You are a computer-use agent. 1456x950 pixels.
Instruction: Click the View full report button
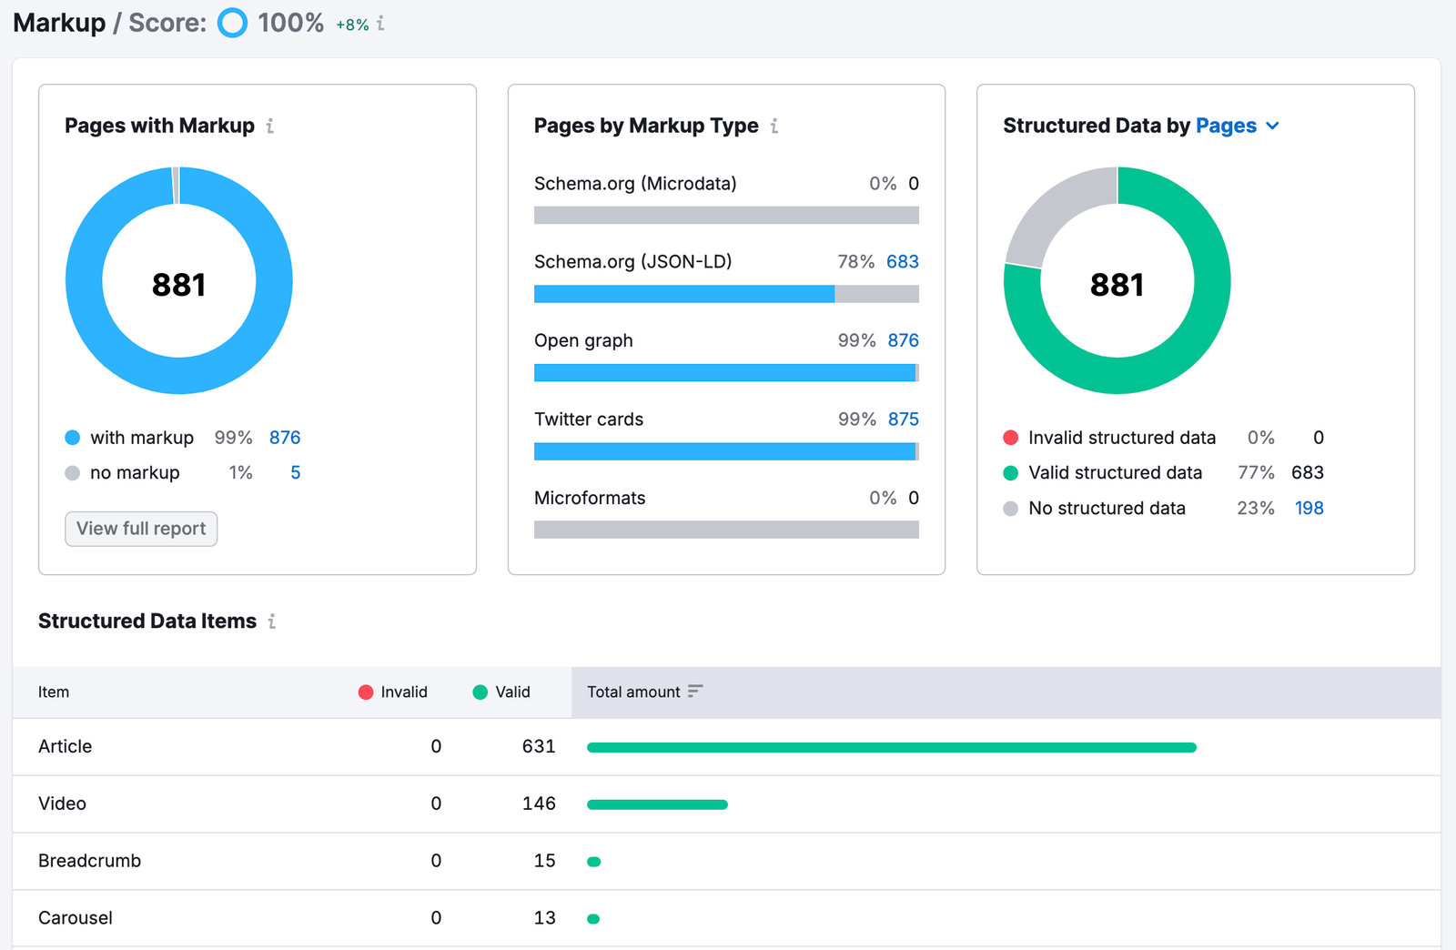pyautogui.click(x=141, y=529)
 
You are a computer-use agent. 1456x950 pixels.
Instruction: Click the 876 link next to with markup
pyautogui.click(x=285, y=438)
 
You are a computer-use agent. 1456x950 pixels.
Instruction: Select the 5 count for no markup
pyautogui.click(x=295, y=472)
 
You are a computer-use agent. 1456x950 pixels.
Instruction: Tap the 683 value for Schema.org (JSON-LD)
pyautogui.click(x=902, y=262)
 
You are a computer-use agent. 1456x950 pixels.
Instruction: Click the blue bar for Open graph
pyautogui.click(x=723, y=373)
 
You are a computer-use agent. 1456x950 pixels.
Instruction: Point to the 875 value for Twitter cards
pyautogui.click(x=903, y=419)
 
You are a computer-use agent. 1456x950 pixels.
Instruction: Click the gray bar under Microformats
pyautogui.click(x=726, y=530)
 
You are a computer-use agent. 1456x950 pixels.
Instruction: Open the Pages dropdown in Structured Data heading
pyautogui.click(x=1237, y=126)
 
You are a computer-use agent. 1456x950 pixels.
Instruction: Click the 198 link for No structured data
pyautogui.click(x=1309, y=508)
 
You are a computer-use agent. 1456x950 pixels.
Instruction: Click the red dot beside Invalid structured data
pyautogui.click(x=1010, y=438)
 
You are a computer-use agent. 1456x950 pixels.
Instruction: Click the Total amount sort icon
pyautogui.click(x=695, y=692)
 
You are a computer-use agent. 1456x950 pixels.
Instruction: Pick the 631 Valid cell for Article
pyautogui.click(x=538, y=746)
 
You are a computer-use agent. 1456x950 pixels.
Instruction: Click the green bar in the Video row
pyautogui.click(x=657, y=804)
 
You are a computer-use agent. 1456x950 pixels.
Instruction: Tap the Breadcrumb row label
pyautogui.click(x=89, y=861)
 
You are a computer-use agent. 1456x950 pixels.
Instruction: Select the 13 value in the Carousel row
pyautogui.click(x=544, y=918)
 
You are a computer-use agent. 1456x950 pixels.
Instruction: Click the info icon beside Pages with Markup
pyautogui.click(x=270, y=126)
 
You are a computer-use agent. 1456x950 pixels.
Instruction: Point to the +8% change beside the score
pyautogui.click(x=352, y=25)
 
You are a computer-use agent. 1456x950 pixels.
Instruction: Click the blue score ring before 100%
pyautogui.click(x=233, y=23)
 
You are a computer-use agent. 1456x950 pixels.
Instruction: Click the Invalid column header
pyautogui.click(x=394, y=692)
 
